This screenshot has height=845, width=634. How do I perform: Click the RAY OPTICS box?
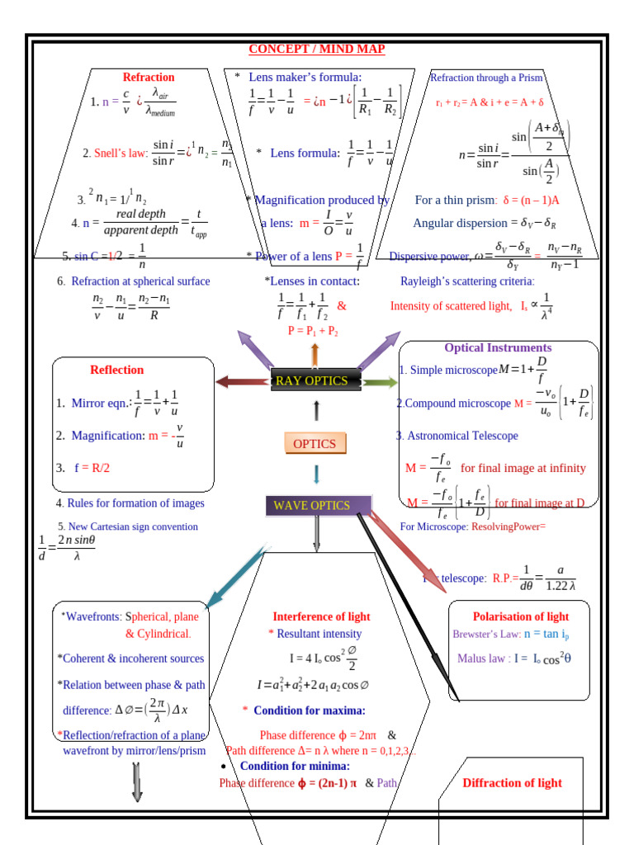point(315,380)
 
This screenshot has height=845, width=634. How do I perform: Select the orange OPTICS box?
point(315,444)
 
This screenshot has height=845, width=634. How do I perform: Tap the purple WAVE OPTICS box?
point(318,505)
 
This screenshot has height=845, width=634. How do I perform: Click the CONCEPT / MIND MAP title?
point(317,50)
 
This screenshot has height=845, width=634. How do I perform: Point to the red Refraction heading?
point(149,78)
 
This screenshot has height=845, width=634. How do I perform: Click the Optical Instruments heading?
point(498,348)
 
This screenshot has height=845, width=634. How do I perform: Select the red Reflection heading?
point(116,370)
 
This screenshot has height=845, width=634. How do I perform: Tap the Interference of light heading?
point(321,616)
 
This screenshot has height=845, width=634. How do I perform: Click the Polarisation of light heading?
point(520,616)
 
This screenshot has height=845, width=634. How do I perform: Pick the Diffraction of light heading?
point(512,783)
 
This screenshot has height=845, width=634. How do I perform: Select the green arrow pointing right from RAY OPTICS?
point(380,382)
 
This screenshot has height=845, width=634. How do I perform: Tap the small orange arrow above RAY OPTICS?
point(315,355)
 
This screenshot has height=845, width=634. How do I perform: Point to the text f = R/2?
point(92,468)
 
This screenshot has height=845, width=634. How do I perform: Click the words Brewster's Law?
point(486,635)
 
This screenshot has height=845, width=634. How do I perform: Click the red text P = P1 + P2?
point(313,331)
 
